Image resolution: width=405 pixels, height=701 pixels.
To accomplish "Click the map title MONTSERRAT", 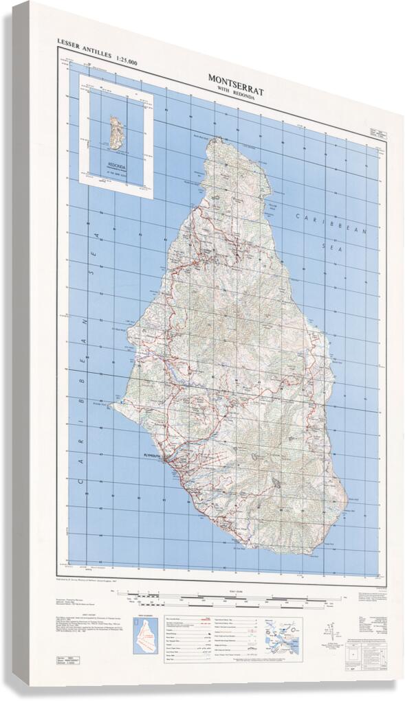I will (x=236, y=79).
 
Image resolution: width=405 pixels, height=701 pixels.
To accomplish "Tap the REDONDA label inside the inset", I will (x=116, y=165).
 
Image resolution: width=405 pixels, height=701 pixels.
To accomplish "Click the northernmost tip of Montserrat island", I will (x=215, y=139).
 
